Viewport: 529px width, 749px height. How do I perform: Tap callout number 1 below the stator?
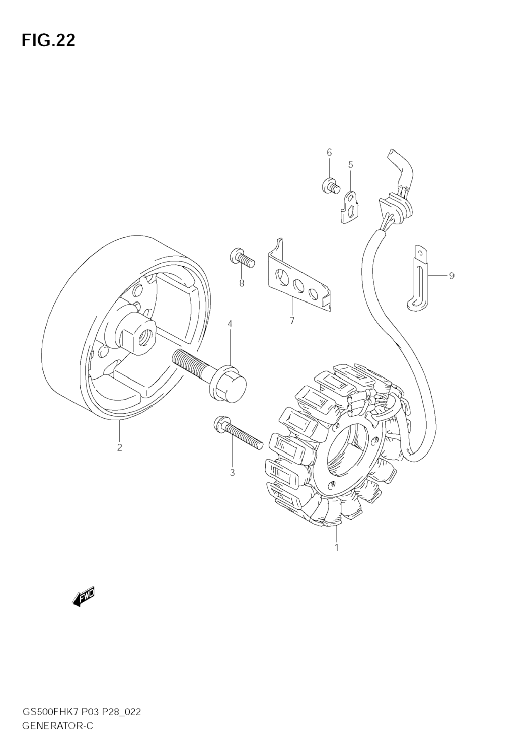337,547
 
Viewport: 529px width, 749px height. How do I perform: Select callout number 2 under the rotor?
120,447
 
